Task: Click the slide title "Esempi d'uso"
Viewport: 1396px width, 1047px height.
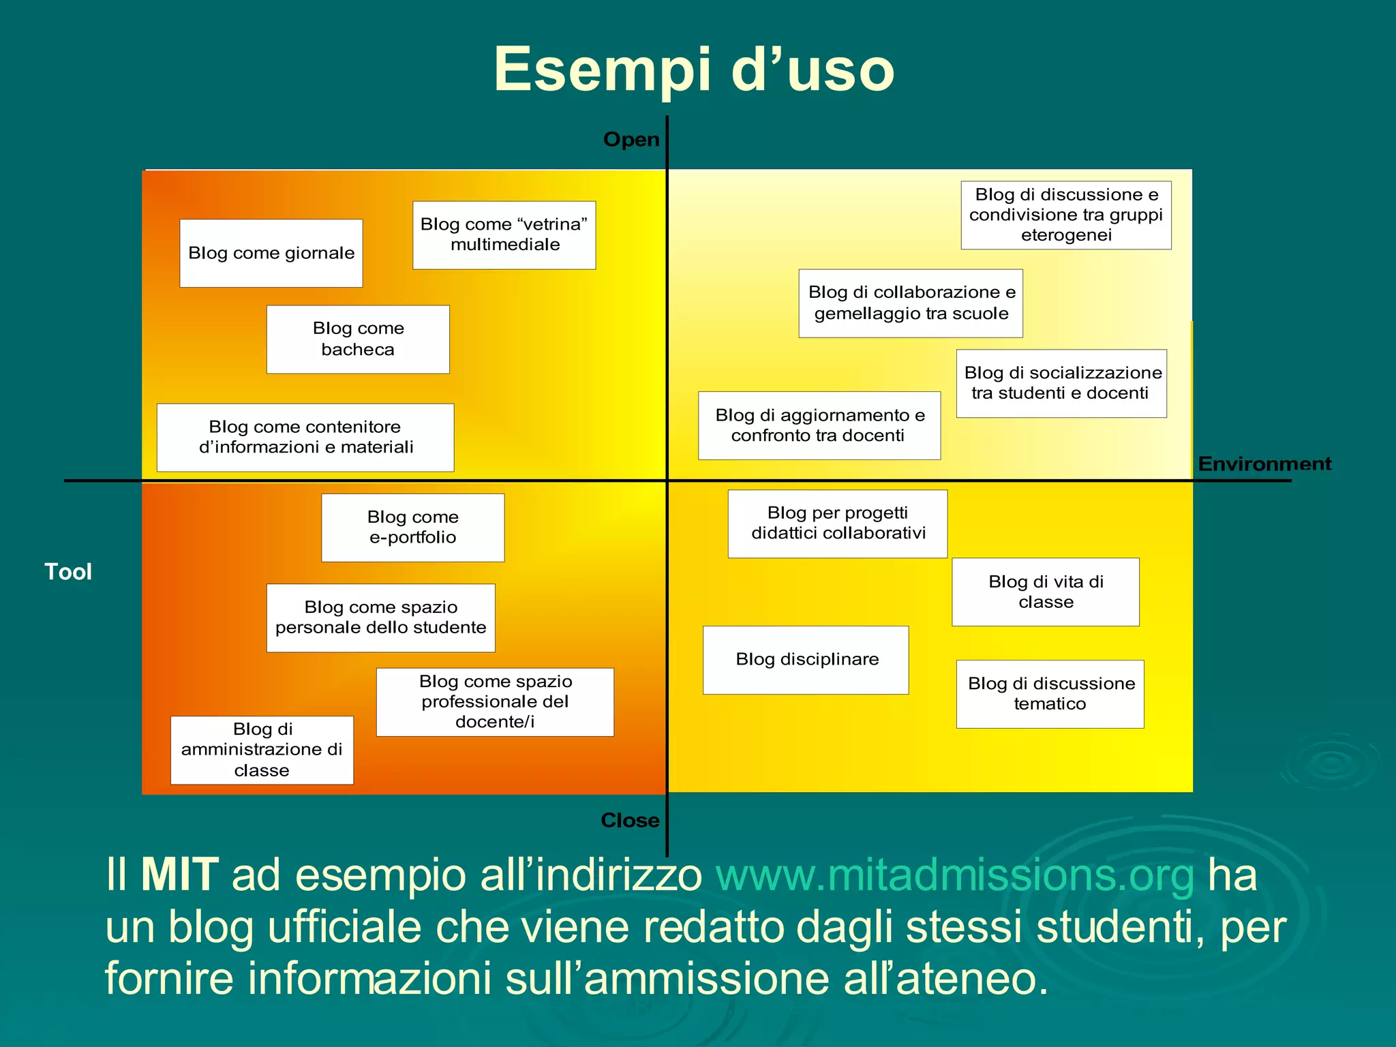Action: (694, 70)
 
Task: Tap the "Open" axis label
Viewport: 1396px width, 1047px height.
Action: (631, 140)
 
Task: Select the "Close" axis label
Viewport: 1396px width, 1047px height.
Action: (630, 820)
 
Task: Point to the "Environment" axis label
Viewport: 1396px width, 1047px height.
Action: (1264, 464)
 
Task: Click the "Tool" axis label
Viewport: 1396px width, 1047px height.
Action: (68, 572)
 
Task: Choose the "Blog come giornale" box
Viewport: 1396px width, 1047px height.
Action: (271, 254)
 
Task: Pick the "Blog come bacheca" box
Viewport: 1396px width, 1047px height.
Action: (358, 339)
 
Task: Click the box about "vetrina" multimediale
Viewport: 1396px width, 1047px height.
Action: (504, 235)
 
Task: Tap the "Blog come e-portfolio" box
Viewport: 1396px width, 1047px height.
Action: (413, 528)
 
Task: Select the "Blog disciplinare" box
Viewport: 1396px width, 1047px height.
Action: (806, 660)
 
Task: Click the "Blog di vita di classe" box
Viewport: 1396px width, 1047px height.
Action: (1046, 592)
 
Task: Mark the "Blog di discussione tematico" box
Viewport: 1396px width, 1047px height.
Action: (1050, 694)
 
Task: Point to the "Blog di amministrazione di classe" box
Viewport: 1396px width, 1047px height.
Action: (262, 750)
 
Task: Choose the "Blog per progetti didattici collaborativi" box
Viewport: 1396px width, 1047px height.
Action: (838, 523)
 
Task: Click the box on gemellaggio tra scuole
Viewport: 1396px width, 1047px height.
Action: (911, 303)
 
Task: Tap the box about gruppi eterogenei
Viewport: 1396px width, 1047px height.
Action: (1066, 215)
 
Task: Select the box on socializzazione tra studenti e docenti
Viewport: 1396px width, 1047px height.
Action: (1062, 383)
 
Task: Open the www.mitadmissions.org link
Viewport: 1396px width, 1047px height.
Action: (955, 875)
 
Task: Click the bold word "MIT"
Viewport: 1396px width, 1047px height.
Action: (179, 875)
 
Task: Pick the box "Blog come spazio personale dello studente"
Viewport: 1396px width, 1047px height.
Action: (381, 618)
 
